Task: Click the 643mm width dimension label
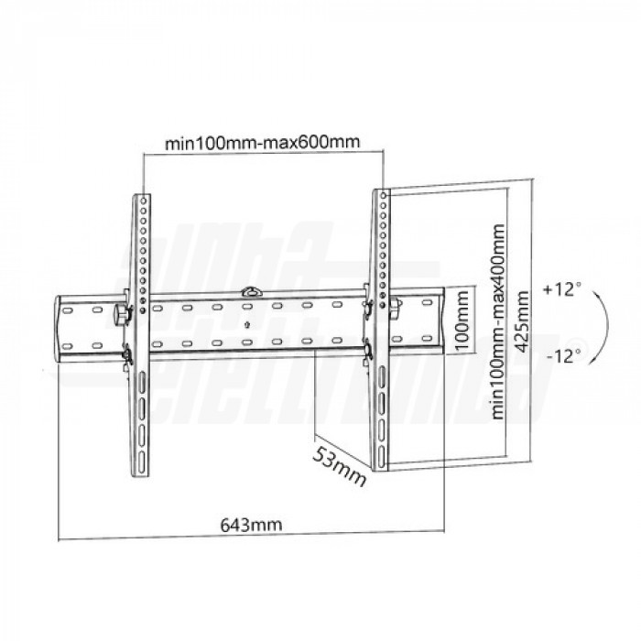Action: pyautogui.click(x=251, y=525)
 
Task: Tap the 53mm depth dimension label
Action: pyautogui.click(x=339, y=466)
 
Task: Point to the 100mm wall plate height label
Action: pyautogui.click(x=462, y=320)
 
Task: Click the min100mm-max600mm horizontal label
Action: pyautogui.click(x=263, y=143)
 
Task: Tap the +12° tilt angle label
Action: pyautogui.click(x=562, y=289)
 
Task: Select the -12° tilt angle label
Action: pyautogui.click(x=564, y=356)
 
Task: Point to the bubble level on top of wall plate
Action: pyautogui.click(x=253, y=291)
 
